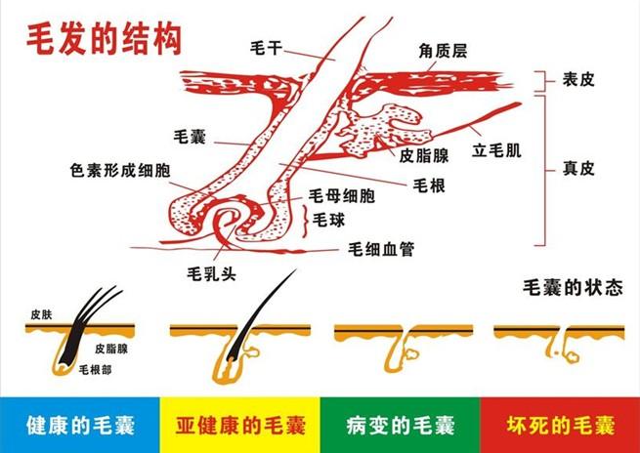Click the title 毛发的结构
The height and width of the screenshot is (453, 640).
click(x=104, y=40)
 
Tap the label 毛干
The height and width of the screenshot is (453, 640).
click(x=266, y=48)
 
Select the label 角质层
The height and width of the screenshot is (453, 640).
click(x=443, y=52)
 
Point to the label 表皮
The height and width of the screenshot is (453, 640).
click(x=578, y=80)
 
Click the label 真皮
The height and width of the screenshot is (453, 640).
click(x=578, y=168)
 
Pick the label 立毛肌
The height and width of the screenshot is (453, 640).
click(x=496, y=151)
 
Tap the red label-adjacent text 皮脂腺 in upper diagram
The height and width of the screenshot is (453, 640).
click(x=424, y=156)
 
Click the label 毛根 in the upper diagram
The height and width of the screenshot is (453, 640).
click(x=429, y=185)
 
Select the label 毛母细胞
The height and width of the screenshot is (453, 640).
click(x=341, y=196)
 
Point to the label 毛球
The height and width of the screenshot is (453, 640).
click(x=328, y=221)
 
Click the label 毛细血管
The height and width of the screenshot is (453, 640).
click(x=381, y=249)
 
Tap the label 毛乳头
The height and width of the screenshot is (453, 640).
click(x=211, y=273)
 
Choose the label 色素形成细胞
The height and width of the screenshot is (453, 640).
click(x=120, y=171)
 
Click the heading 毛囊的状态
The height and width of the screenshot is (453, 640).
click(x=573, y=288)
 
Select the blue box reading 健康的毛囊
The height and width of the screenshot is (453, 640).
click(x=80, y=425)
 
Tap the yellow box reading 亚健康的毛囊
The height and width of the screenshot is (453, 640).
click(x=240, y=425)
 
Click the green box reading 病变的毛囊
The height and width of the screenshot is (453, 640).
click(x=400, y=425)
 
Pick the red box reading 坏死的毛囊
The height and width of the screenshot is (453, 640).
click(x=560, y=425)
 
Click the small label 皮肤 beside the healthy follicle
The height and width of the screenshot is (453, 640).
click(x=41, y=314)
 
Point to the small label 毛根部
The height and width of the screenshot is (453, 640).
click(x=95, y=370)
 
